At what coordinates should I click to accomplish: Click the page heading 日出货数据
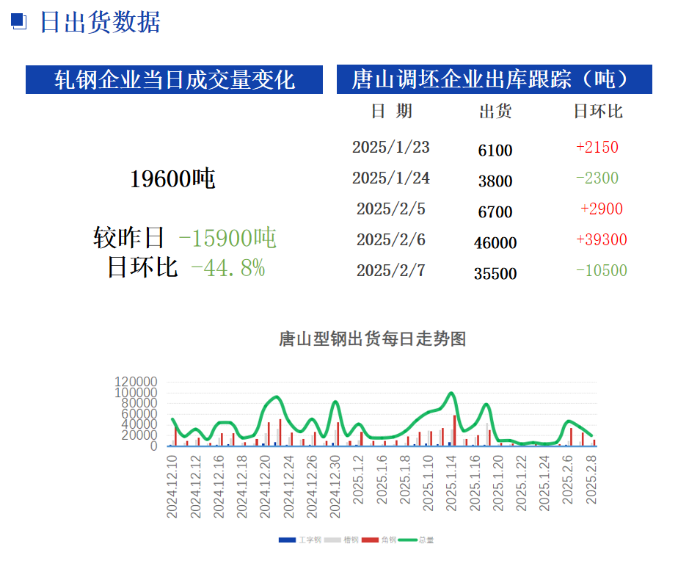click(99, 22)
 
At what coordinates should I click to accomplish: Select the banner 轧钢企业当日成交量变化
click(175, 79)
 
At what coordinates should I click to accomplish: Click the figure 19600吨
click(172, 178)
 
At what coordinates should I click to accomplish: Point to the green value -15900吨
click(227, 237)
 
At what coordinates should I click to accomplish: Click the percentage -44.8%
click(227, 268)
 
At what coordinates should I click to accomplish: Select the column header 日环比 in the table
click(598, 112)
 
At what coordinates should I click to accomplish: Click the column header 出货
click(495, 112)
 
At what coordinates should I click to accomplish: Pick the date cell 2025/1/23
click(391, 147)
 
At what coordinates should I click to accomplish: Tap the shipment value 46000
click(495, 243)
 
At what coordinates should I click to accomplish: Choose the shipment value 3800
click(495, 181)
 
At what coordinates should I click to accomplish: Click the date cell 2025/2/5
click(391, 209)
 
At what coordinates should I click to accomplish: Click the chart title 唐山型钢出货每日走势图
click(373, 339)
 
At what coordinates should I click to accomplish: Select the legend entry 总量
click(426, 540)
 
